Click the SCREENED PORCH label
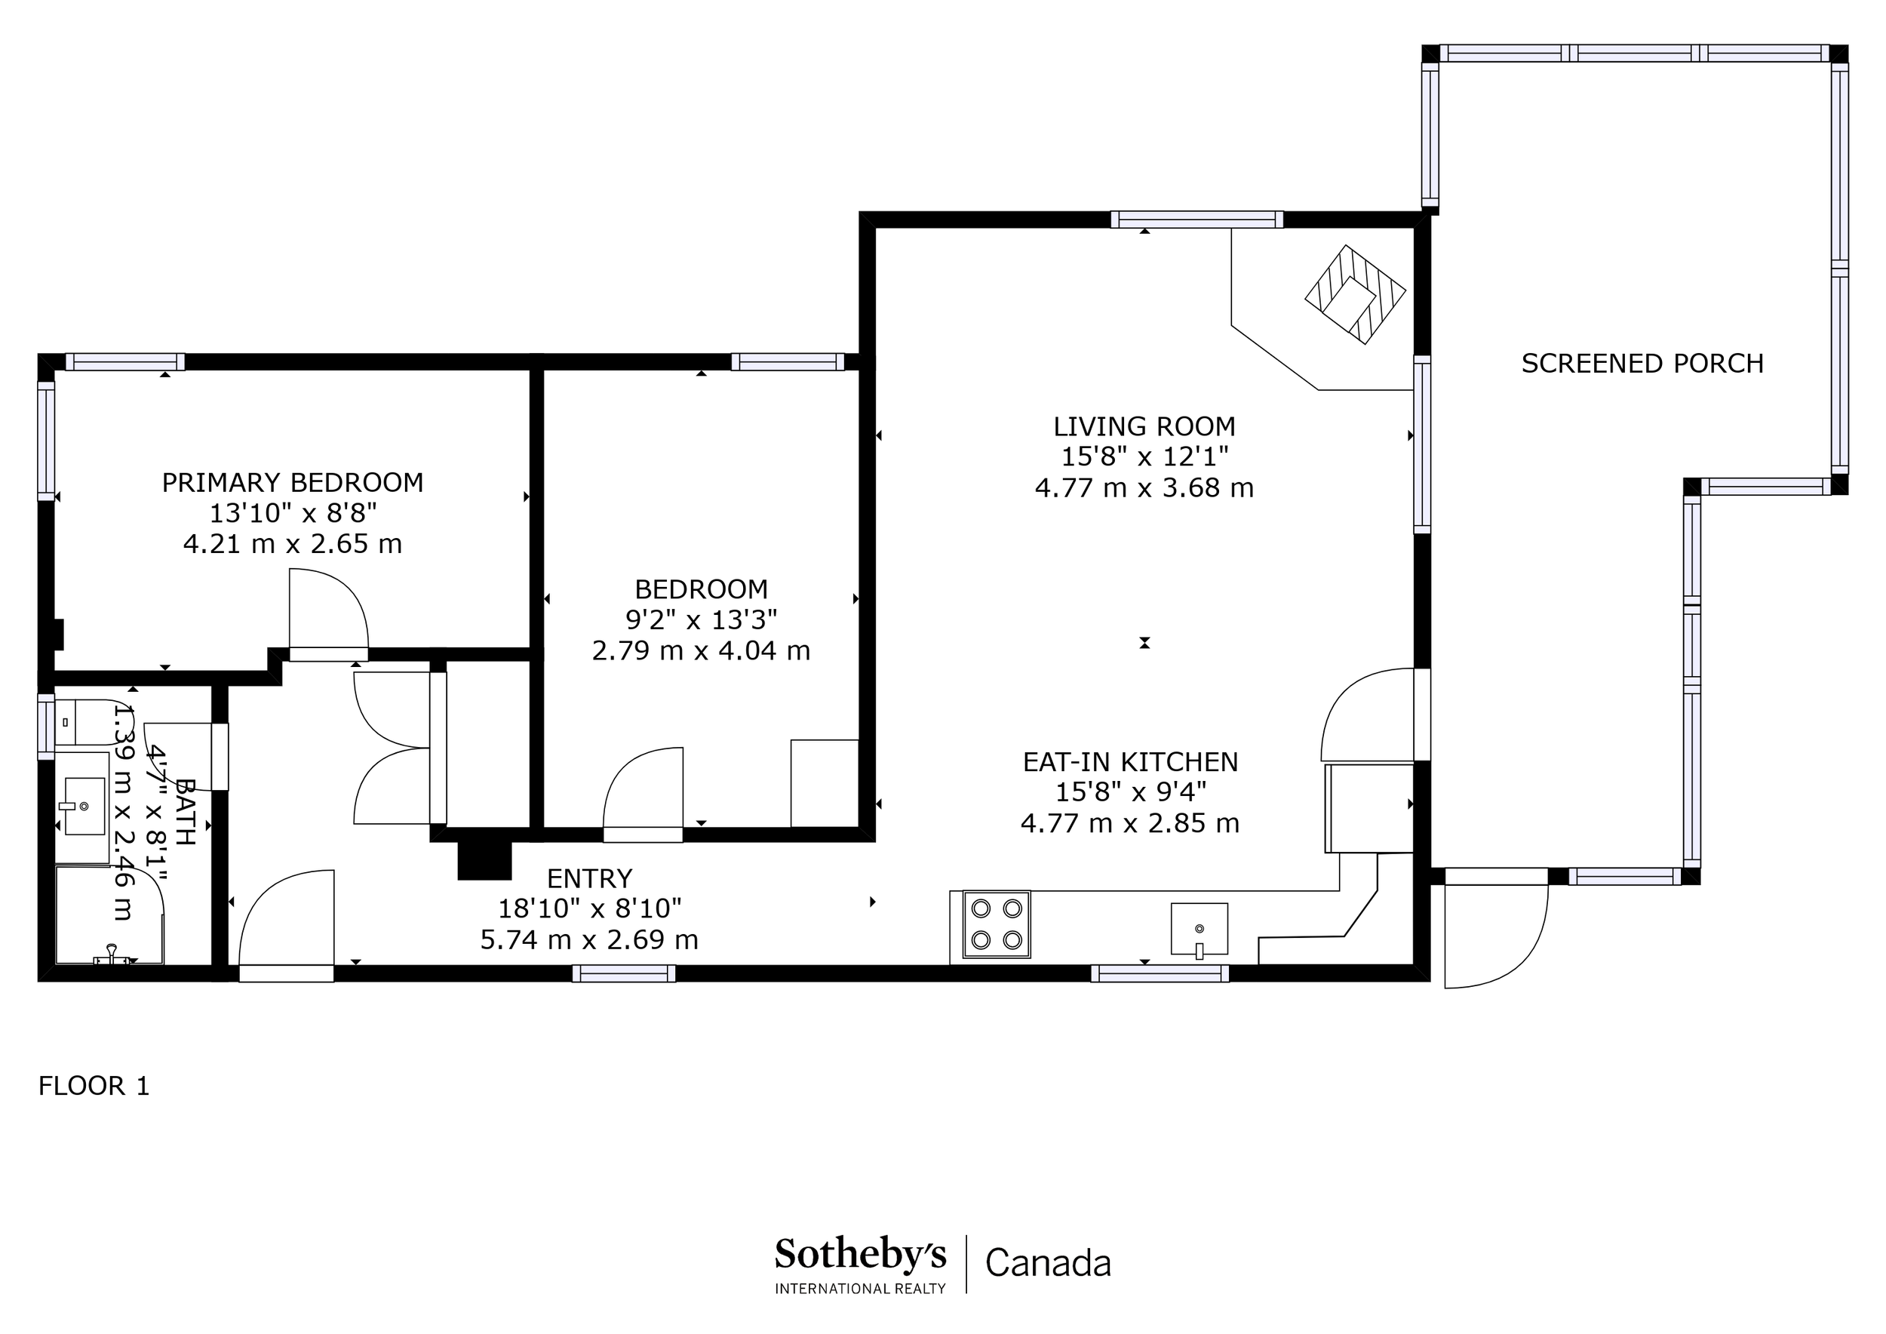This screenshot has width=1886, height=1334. coord(1642,363)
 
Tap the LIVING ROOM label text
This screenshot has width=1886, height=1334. coord(1144,426)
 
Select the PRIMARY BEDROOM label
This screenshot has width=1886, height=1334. coord(293,482)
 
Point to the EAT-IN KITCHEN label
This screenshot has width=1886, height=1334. coord(1130,761)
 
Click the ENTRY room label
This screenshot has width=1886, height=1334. coord(590,879)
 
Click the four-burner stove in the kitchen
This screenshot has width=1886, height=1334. coord(997,924)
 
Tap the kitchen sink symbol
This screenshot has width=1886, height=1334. coord(1199,930)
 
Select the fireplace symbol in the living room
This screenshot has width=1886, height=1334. coord(1356,294)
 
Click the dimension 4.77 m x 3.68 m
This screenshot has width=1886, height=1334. coord(1144,488)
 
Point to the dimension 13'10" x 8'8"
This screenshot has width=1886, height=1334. coord(293,512)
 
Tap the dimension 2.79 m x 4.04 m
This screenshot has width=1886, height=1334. coord(701,650)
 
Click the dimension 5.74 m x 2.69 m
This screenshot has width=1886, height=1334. coord(590,939)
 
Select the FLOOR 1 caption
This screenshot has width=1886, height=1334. coord(94,1086)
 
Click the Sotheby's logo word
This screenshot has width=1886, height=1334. coord(860,1254)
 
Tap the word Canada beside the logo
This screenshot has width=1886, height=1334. coord(1048,1262)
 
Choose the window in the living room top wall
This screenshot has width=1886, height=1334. coord(1196,220)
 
